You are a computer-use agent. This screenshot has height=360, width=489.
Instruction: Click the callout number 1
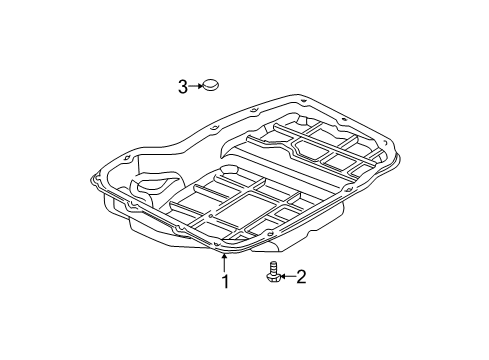point(225,282)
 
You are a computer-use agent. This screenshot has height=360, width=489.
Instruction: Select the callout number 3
point(183,87)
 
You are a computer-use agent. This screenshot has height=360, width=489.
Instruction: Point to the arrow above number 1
point(224,262)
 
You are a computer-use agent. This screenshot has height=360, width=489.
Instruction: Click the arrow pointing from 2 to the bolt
point(284,275)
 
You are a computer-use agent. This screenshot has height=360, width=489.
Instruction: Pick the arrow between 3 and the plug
point(196,87)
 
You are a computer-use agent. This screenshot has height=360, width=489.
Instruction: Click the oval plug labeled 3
point(212,87)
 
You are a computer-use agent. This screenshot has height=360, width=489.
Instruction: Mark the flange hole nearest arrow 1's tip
point(219,245)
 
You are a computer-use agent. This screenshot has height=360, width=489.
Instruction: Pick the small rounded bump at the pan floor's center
point(226,176)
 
